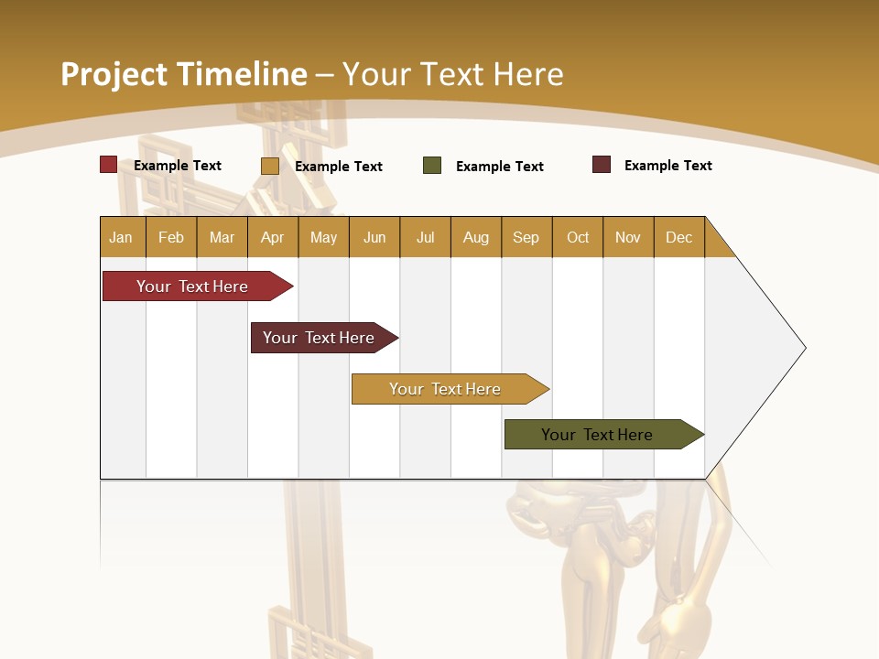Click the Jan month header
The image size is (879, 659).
click(x=121, y=237)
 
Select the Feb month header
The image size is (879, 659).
click(x=171, y=237)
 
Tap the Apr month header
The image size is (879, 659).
click(x=272, y=237)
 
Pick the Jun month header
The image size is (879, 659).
click(x=374, y=237)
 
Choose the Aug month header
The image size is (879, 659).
click(x=475, y=237)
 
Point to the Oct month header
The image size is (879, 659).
click(x=578, y=237)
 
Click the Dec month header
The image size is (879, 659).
click(x=678, y=237)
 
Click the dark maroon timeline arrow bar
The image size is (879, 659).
click(x=320, y=338)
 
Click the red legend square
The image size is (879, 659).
click(x=108, y=165)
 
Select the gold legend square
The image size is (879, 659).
click(x=269, y=166)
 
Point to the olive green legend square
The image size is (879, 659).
click(x=432, y=166)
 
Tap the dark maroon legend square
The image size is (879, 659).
click(x=602, y=165)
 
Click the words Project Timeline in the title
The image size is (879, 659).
click(x=183, y=74)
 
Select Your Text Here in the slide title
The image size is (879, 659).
click(x=453, y=74)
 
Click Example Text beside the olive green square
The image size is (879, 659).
click(x=499, y=167)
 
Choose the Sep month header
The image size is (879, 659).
click(x=526, y=237)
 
